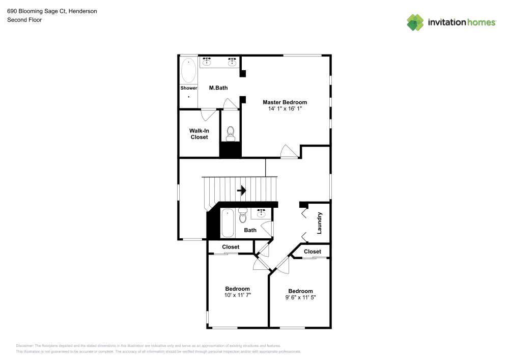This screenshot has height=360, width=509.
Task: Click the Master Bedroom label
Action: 285,102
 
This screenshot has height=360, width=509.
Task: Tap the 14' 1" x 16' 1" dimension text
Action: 285,109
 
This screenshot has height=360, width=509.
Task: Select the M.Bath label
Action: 218,88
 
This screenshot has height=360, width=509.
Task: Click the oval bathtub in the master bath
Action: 188,70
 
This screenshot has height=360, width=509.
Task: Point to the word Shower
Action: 189,88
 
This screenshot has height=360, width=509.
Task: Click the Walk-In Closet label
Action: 199,134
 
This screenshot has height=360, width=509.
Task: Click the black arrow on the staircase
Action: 241,190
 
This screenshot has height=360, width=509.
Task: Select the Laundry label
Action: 319,223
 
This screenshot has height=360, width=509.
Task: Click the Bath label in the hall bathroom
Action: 250,230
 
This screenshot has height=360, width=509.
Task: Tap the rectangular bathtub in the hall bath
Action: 228,223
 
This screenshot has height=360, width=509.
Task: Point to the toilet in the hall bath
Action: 242,215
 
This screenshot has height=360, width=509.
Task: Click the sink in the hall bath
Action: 261,213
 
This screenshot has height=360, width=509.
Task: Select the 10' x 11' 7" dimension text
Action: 238,295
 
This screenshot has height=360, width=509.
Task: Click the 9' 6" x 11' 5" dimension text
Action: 300,297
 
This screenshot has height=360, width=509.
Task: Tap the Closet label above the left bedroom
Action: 231,247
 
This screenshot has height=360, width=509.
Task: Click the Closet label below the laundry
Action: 313,252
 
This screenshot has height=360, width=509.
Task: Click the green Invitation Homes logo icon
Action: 415,22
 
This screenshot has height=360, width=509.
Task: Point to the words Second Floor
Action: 24,20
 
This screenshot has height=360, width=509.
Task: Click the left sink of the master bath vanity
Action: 207,61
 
